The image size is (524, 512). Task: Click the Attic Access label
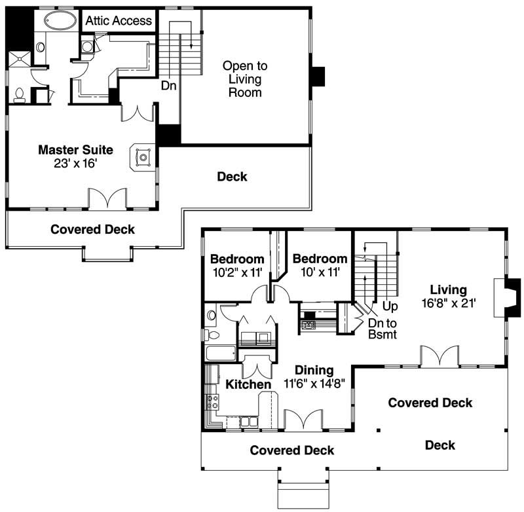click(x=119, y=21)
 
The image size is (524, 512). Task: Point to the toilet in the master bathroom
click(x=19, y=95)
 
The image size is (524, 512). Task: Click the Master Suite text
click(x=75, y=150)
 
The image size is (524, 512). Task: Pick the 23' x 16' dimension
click(x=75, y=163)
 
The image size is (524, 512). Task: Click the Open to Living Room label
click(x=244, y=79)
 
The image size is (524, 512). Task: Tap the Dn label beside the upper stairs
click(x=168, y=85)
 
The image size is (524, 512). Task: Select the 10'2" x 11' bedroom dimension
click(x=236, y=273)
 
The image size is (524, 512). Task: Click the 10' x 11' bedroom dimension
click(x=320, y=273)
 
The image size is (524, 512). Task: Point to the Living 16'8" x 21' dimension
click(x=448, y=303)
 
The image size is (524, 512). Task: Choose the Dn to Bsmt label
click(x=378, y=329)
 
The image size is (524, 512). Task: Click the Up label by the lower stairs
click(x=390, y=306)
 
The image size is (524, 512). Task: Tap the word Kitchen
click(x=248, y=384)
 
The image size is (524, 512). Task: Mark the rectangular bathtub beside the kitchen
click(x=220, y=354)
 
